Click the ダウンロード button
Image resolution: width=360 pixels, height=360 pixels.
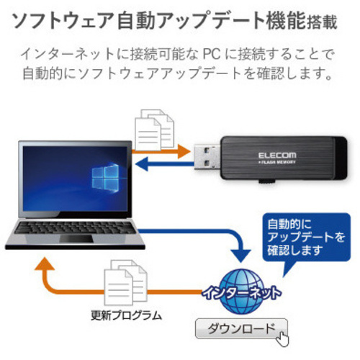[x=241, y=328]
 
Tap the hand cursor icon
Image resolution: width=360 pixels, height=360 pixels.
[x=282, y=338]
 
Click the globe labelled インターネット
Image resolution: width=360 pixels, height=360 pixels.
[x=242, y=292]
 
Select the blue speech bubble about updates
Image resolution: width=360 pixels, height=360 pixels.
[x=306, y=240]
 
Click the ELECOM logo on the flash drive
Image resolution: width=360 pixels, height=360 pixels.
[x=277, y=156]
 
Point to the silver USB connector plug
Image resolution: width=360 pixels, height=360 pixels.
[x=207, y=156]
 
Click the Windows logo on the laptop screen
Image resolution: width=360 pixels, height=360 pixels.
[x=105, y=177]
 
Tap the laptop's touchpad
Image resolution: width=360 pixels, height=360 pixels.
[x=76, y=238]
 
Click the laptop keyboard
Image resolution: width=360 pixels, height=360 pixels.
[x=74, y=228]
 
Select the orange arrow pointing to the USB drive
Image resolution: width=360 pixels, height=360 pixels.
[x=161, y=151]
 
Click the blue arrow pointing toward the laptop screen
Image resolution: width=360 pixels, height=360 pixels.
[x=165, y=164]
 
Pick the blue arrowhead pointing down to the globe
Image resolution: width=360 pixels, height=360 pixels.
[x=240, y=256]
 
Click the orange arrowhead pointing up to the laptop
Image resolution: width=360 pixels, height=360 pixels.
[x=45, y=264]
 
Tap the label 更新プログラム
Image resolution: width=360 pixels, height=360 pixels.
[x=127, y=315]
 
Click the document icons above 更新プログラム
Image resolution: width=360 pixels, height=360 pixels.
[x=125, y=282]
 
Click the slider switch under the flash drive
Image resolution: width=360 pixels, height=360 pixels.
[x=267, y=181]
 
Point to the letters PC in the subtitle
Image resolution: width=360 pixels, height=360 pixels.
[x=212, y=54]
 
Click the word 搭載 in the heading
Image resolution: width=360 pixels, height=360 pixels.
[x=322, y=23]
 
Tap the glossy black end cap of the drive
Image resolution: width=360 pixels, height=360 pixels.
[x=341, y=158]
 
